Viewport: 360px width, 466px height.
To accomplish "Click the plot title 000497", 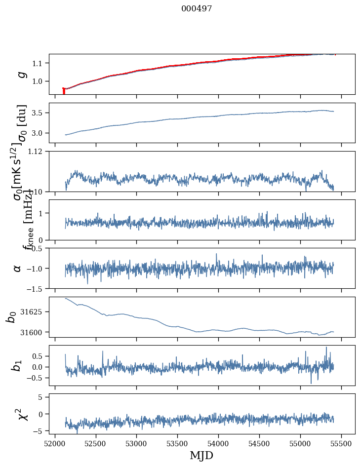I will [x=197, y=8].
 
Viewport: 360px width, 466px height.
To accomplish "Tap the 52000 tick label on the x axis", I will [x=55, y=443].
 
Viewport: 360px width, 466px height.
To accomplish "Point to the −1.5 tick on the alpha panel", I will [x=36, y=288].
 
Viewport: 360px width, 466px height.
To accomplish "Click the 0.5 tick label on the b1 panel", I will [x=38, y=356].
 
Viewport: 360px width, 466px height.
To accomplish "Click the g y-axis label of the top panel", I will [x=21, y=74].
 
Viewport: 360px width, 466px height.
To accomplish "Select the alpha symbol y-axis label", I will [x=18, y=268].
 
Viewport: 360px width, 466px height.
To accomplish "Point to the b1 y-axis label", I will [x=18, y=366].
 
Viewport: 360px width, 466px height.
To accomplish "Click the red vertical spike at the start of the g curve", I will [x=64, y=91].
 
